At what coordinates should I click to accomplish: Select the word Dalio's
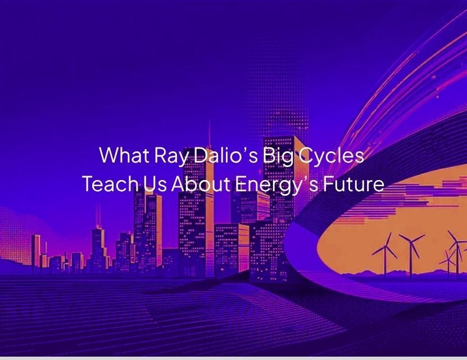click(x=225, y=155)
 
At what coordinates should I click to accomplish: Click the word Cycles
click(x=331, y=157)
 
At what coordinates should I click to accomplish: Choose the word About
click(x=201, y=183)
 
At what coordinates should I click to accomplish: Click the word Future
click(x=353, y=184)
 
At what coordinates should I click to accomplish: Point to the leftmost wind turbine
click(x=385, y=254)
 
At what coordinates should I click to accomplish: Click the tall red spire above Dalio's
click(x=210, y=134)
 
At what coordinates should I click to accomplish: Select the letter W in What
click(x=109, y=155)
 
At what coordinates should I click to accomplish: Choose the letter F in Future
click(x=329, y=184)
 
